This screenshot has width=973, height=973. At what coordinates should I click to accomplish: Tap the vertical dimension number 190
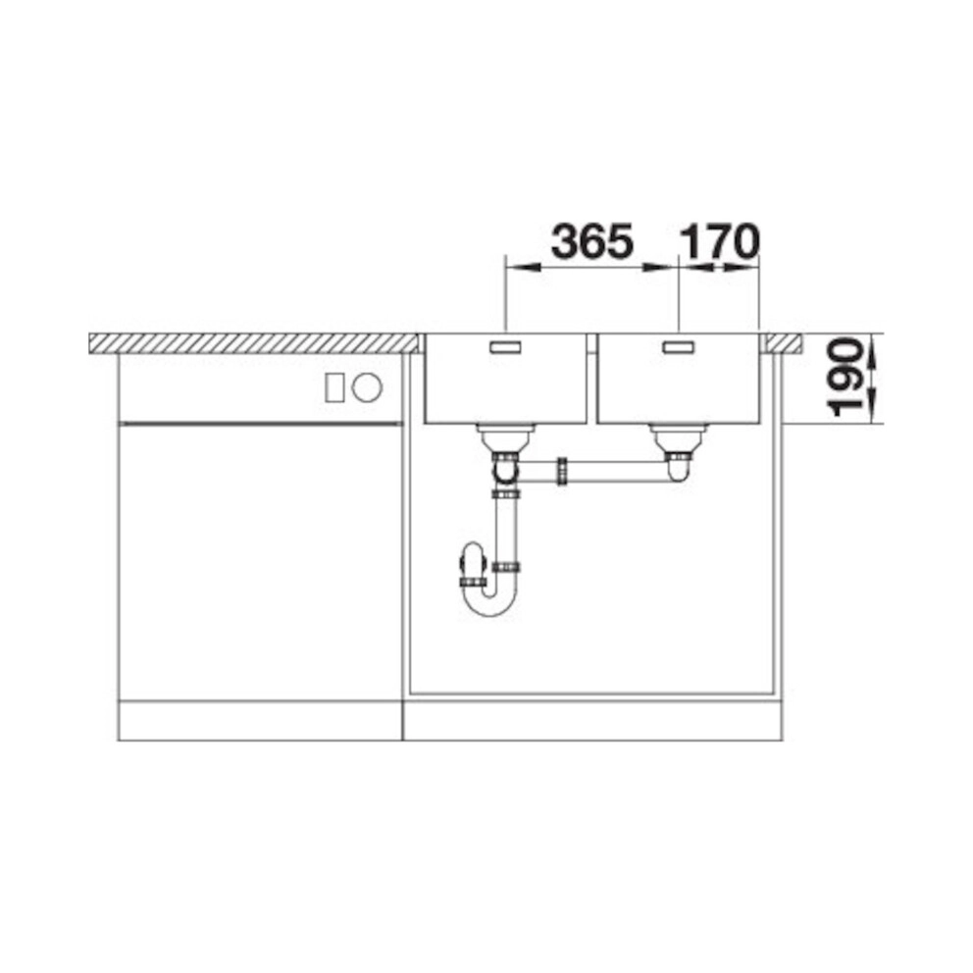click(x=845, y=377)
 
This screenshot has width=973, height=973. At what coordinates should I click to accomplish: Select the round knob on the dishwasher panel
click(x=368, y=387)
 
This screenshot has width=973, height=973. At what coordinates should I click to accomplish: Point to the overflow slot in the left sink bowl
click(x=507, y=347)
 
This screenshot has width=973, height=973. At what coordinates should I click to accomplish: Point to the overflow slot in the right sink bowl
click(x=680, y=347)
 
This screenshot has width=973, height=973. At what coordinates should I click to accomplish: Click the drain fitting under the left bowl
click(x=505, y=438)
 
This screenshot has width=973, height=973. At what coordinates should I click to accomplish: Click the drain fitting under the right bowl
click(x=678, y=438)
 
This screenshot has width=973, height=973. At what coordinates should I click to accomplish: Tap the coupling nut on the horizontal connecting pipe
click(x=562, y=472)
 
